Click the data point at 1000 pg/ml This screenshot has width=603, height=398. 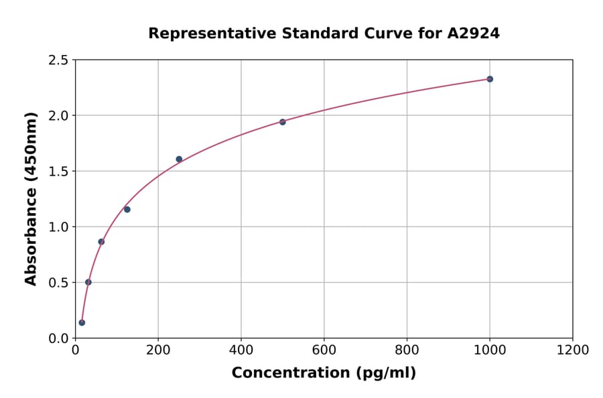(x=490, y=79)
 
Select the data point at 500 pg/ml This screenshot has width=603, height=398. (x=283, y=122)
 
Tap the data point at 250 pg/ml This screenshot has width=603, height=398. (x=179, y=159)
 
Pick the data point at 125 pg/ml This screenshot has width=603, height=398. (x=127, y=209)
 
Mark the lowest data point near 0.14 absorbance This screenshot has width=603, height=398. (x=82, y=322)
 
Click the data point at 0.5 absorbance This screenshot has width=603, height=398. (x=88, y=282)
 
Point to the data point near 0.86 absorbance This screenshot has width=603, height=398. (x=101, y=242)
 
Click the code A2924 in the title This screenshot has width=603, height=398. (x=473, y=33)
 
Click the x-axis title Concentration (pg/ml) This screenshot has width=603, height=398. (x=324, y=373)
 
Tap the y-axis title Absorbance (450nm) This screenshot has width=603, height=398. (x=31, y=198)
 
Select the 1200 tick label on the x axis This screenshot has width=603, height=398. (x=573, y=350)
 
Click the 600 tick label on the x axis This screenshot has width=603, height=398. (x=324, y=350)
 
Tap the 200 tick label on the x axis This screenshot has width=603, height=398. (x=158, y=350)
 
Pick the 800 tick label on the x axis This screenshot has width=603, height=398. (x=407, y=350)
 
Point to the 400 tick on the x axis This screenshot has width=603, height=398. (x=241, y=350)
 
